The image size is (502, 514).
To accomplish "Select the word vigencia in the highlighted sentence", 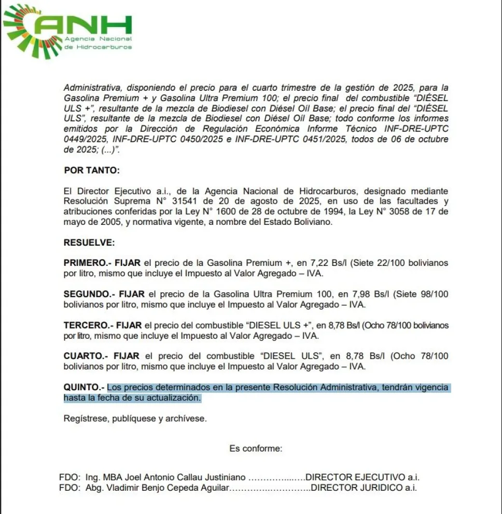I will click(x=431, y=387).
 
